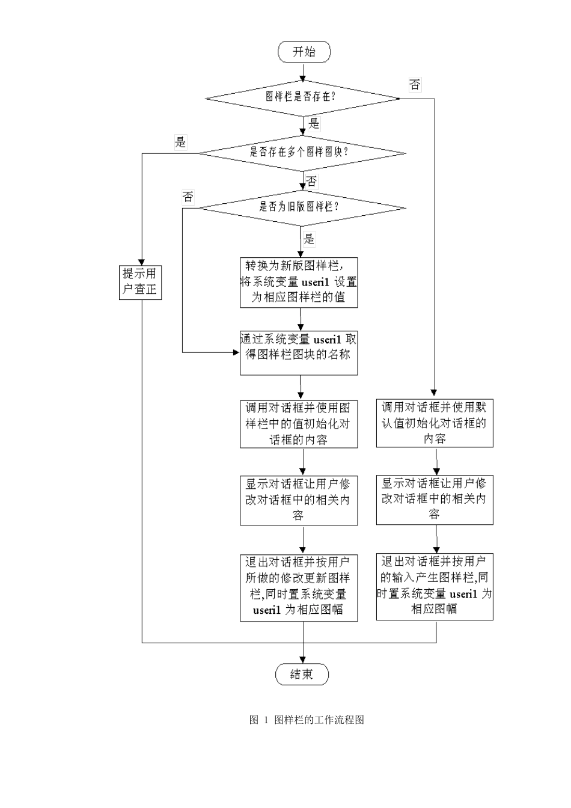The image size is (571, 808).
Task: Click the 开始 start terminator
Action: (304, 52)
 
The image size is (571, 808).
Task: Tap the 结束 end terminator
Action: (302, 675)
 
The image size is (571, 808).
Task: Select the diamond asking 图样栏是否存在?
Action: (302, 97)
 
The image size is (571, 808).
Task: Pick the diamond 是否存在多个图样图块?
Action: (302, 152)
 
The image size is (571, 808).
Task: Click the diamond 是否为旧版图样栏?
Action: (302, 207)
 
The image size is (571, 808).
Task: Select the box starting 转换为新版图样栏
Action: (299, 282)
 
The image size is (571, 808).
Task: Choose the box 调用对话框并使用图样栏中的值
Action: (299, 424)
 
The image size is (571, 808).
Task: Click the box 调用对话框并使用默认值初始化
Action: (435, 423)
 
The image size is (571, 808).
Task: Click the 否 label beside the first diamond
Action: (415, 85)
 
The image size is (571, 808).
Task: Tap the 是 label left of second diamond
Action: (180, 142)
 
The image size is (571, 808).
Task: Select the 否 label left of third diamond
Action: (188, 197)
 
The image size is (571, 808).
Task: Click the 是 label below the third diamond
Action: (309, 239)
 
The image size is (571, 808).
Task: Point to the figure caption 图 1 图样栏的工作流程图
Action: (307, 720)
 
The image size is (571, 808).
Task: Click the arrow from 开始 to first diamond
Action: (303, 72)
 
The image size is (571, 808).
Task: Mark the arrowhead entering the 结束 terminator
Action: (302, 660)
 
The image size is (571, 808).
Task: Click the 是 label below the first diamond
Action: (314, 124)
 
